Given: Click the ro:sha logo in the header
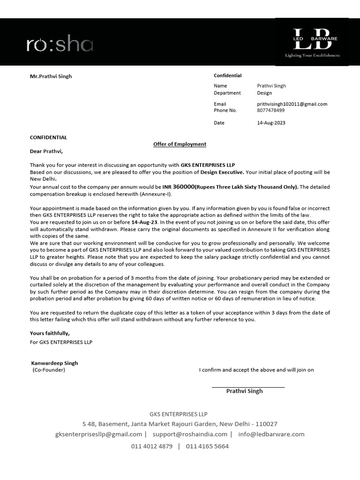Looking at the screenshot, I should (x=60, y=45).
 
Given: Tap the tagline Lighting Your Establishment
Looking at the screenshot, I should (x=313, y=55).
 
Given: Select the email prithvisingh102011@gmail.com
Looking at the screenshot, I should (x=292, y=104).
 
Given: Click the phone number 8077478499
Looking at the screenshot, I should (x=271, y=111).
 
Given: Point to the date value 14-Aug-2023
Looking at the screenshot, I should (x=271, y=123).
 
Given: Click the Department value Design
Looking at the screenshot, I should (x=264, y=93).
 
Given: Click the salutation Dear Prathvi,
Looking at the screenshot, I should (x=46, y=151).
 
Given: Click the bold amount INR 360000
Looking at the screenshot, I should (x=179, y=187).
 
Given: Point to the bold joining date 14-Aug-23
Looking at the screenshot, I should (x=144, y=222).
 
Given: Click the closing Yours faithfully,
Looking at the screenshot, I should (x=50, y=333).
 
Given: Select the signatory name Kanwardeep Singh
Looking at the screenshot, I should (x=54, y=363).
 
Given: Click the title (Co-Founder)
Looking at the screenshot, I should (x=49, y=370).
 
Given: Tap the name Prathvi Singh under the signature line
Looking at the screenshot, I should (x=244, y=391).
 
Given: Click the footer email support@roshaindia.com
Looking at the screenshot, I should (x=190, y=435).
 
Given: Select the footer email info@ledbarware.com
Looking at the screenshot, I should (x=271, y=435).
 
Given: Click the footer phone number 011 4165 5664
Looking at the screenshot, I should (x=207, y=446).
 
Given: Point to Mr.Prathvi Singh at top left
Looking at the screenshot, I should (x=51, y=76).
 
